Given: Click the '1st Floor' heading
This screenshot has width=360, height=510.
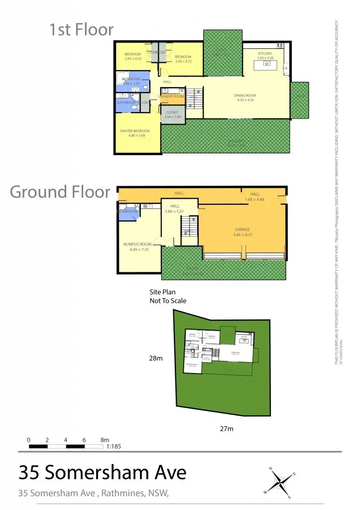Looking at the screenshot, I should pos(81,30).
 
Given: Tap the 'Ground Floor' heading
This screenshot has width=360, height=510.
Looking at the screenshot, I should pos(60,192).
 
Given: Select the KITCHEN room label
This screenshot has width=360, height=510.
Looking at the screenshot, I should pos(264,53).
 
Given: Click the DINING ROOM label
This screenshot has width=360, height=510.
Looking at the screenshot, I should pos(244,95).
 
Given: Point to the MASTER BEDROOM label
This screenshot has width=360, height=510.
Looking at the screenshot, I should pos(135,131).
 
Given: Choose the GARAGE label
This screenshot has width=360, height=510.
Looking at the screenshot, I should pos(242,230).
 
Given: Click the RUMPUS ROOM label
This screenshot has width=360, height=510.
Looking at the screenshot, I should pos(137,244).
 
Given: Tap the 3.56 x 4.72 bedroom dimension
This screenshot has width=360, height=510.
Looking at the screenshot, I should pos(183,61).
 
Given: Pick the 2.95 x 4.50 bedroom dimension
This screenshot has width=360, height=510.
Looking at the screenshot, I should pos(133,59).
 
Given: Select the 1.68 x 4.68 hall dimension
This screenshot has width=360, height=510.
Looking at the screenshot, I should pos(254,200).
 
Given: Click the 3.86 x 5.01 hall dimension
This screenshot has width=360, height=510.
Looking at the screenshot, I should pos(175,211).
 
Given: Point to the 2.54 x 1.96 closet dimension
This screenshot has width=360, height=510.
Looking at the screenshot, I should pos(172,117).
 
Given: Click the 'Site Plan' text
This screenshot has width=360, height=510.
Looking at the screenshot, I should pos(163,292).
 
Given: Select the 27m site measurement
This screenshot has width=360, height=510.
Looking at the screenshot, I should pos(227,428).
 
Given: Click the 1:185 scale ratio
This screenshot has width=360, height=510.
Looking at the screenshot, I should pos(114,447).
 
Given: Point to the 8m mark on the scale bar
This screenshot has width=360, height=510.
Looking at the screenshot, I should pos(105,440).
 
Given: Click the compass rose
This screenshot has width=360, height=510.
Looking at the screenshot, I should pos(281,482).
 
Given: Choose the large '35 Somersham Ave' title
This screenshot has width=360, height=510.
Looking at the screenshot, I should pos(103,472).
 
